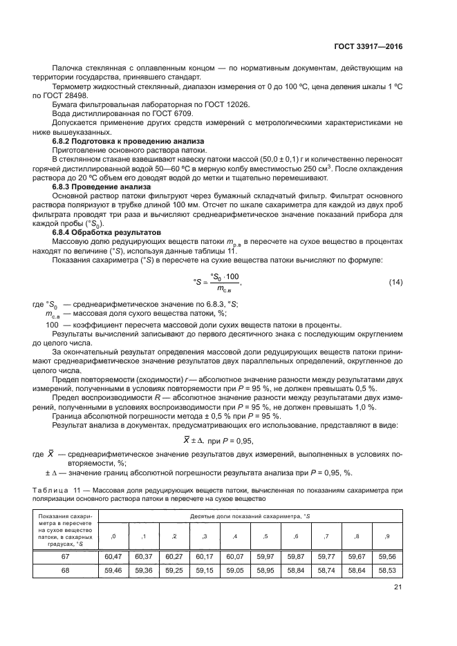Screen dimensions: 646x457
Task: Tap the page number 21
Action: pos(397,588)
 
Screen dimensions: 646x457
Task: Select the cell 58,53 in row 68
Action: pos(388,571)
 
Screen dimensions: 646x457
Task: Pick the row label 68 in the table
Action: pos(66,571)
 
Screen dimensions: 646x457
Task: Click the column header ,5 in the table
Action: pos(266,536)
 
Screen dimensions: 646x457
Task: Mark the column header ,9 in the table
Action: pos(388,536)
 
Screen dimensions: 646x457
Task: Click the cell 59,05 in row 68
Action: pos(236,571)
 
